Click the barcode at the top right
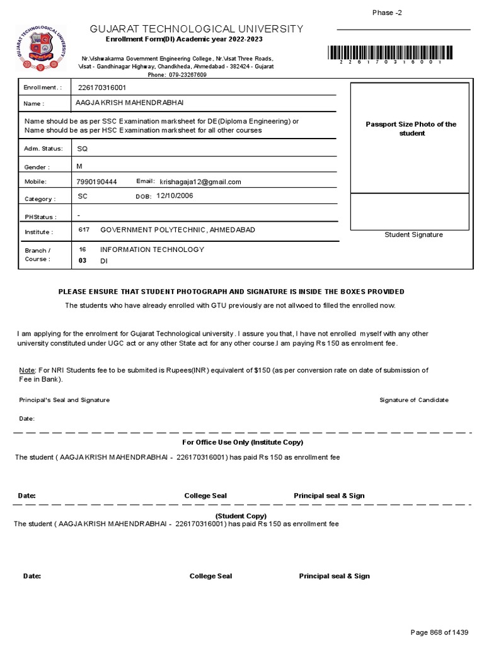point(390,53)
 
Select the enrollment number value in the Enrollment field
point(101,88)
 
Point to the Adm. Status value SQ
point(83,149)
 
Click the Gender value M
point(79,166)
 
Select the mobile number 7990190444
point(96,182)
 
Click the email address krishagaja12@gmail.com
point(200,182)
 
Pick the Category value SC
point(82,197)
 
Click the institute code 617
point(84,230)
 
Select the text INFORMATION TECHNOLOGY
point(152,249)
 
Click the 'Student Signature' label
point(413,235)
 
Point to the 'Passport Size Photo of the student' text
point(411,128)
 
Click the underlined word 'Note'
point(27,370)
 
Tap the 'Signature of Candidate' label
point(414,400)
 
